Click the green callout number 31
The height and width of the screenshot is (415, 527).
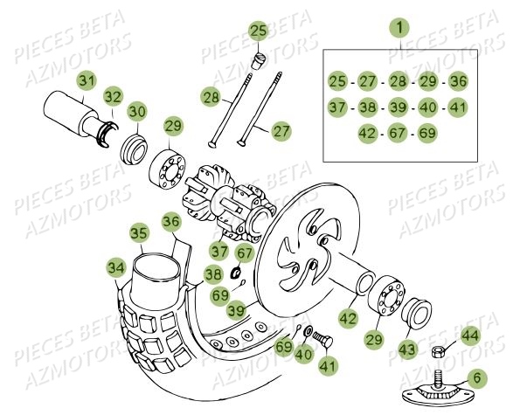click(85, 81)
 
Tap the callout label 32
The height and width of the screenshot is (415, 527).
click(114, 96)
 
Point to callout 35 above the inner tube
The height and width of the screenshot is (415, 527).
click(138, 233)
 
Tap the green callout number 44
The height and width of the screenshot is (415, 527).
click(470, 335)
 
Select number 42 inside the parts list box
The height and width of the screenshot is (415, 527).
click(369, 133)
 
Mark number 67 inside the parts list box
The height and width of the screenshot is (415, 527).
click(399, 133)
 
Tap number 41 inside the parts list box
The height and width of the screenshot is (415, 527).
click(458, 107)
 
